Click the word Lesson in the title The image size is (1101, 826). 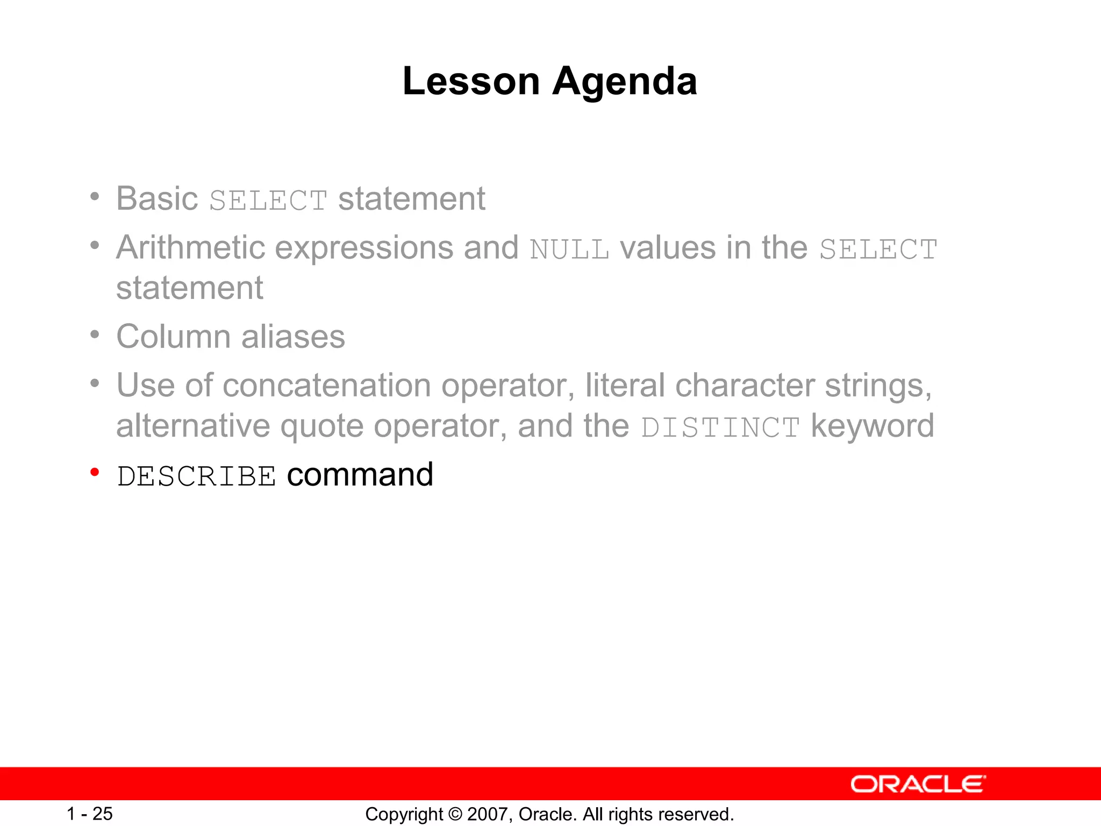coord(471,82)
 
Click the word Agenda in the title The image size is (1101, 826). coord(625,82)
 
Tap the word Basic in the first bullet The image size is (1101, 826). coord(157,198)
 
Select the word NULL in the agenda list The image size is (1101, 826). coord(569,250)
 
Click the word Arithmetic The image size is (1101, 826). coord(191,248)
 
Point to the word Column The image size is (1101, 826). coord(173,337)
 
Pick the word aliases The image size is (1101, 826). coord(293,337)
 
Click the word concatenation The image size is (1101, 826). coord(327,386)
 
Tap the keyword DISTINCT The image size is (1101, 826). coord(720,428)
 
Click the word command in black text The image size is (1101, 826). coord(360,475)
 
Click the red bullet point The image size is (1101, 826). coord(95,473)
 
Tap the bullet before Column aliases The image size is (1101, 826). coord(95,335)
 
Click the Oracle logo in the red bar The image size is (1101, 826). coord(918,784)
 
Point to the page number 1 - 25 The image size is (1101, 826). coord(89,814)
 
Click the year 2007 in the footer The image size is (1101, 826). coord(486,814)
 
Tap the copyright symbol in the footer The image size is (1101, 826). coord(455,814)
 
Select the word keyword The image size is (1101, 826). coord(872,426)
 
